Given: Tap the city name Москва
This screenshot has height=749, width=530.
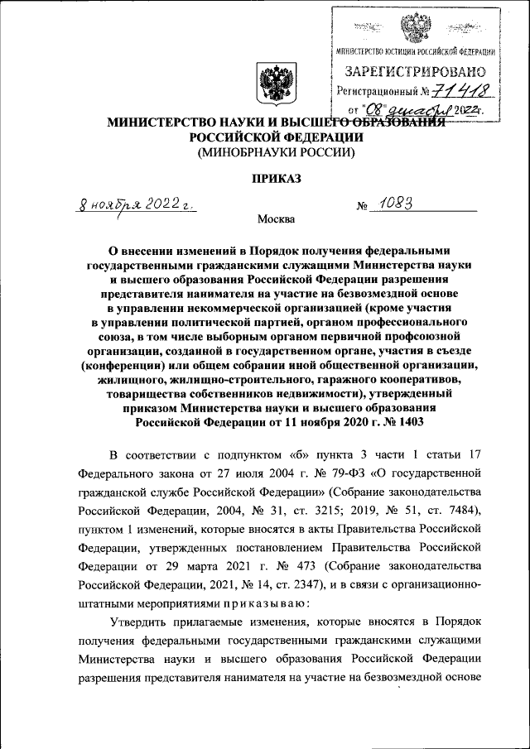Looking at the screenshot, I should click(276, 219).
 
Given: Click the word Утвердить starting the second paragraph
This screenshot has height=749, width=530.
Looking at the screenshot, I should click(140, 624).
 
